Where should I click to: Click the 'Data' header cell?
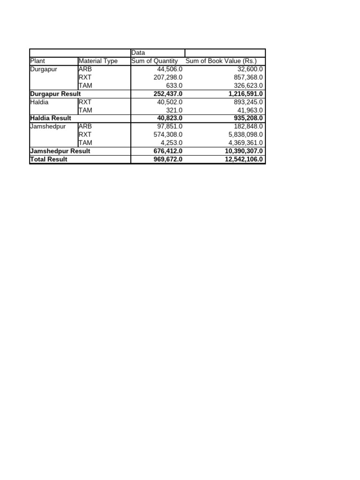138,53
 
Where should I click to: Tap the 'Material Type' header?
98,61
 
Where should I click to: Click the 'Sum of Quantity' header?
155,61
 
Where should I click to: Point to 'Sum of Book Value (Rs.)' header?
221,61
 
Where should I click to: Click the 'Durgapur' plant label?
44,69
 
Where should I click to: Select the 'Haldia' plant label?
39,102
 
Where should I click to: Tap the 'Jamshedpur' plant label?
48,127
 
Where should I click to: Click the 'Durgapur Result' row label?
55,94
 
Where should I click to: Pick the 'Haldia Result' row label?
51,118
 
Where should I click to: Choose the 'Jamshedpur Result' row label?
60,151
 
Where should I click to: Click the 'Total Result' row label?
49,159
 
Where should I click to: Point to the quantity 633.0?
174,86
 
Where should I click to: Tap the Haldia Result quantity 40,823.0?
170,118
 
